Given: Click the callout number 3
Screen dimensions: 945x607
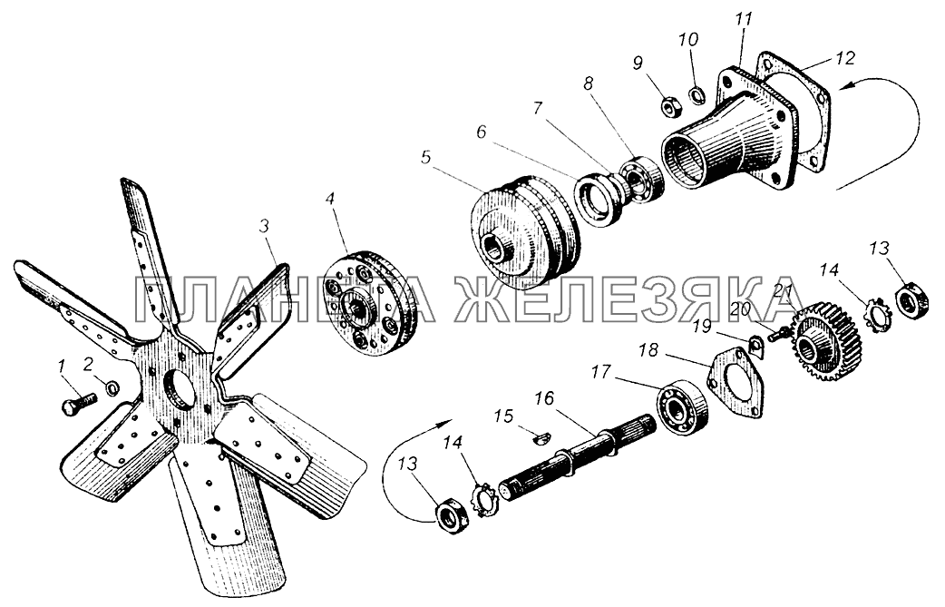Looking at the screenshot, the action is click(264, 226).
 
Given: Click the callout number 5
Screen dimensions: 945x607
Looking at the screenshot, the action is click(426, 158).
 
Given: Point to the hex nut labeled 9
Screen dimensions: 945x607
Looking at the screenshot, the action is click(671, 108).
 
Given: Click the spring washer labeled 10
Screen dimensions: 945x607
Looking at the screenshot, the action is click(697, 94).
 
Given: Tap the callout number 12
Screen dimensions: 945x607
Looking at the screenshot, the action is click(845, 58).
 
